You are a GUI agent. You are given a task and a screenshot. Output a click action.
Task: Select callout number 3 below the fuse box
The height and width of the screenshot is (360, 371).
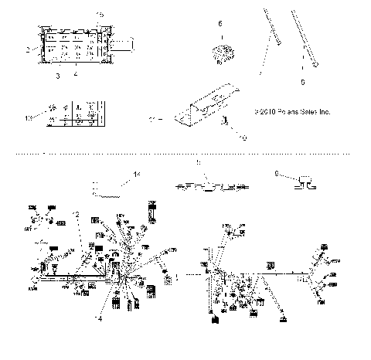(57, 77)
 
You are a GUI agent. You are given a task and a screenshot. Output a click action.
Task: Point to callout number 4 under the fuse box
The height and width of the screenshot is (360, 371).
(75, 75)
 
